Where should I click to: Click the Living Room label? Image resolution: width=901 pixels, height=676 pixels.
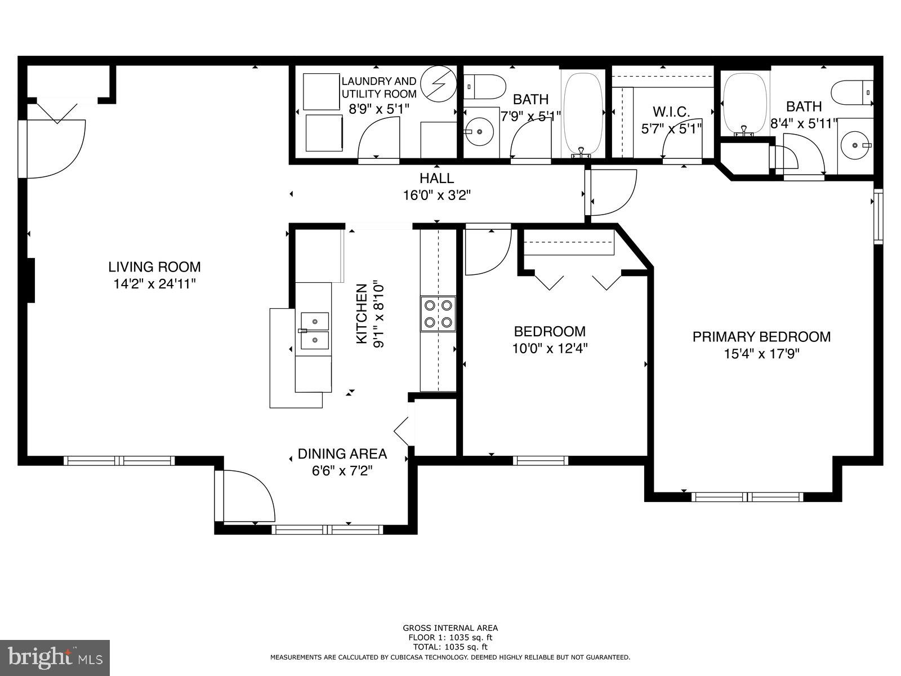click(154, 266)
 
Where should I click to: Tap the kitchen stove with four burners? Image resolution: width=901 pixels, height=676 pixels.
click(438, 314)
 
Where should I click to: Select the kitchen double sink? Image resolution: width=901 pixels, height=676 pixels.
click(314, 331)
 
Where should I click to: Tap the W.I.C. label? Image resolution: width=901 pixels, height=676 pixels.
click(671, 112)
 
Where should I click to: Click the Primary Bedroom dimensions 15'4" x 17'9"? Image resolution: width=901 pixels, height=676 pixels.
click(762, 354)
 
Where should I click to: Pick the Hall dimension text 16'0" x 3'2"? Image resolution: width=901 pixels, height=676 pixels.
click(437, 195)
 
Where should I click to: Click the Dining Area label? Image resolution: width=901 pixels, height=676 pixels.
click(342, 453)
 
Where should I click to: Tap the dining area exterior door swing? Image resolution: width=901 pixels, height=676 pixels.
click(246, 496)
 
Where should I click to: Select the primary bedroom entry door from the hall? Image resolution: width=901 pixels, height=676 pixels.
click(611, 193)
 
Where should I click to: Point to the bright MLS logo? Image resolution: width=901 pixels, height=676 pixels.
click(55, 657)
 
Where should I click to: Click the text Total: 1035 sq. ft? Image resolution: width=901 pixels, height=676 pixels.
click(450, 647)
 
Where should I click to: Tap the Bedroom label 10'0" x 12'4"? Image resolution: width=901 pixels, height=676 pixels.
click(550, 340)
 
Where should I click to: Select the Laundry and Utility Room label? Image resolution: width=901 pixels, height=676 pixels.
click(379, 87)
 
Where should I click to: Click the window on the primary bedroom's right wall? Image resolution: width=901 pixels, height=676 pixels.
click(878, 217)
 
